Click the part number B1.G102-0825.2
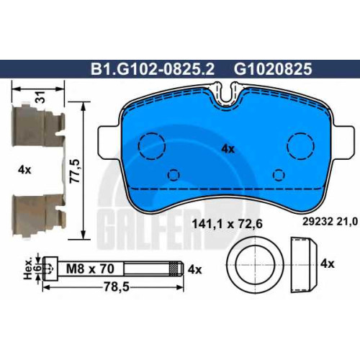click(x=153, y=69)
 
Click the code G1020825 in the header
click(x=273, y=69)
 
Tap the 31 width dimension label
click(x=40, y=97)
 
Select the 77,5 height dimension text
click(x=75, y=171)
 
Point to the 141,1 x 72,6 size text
click(x=228, y=225)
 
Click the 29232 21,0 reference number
click(x=330, y=222)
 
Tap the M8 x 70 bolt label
click(x=90, y=269)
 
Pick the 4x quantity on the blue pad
click(x=228, y=149)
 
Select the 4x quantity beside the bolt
click(x=194, y=270)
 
